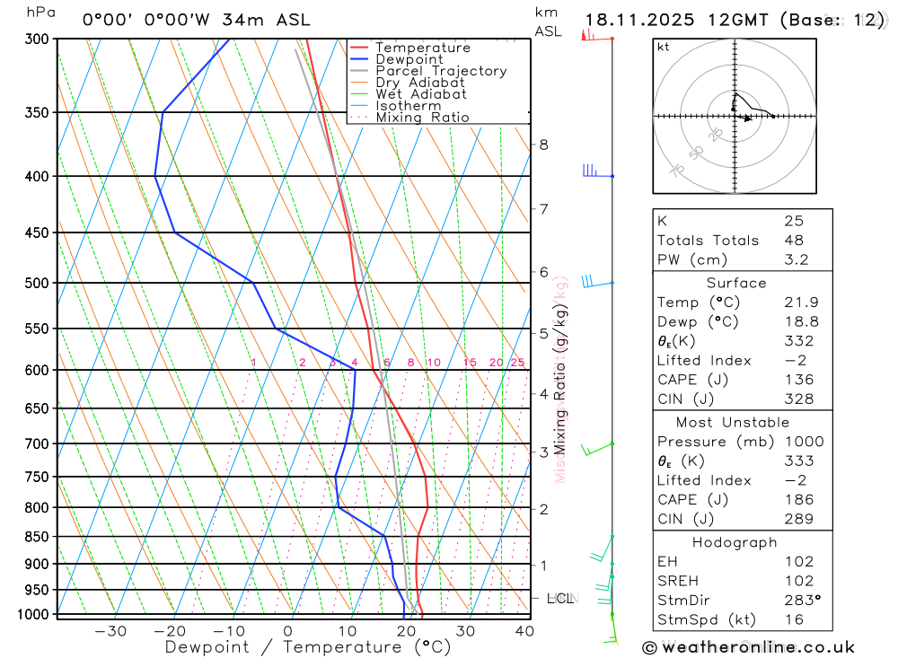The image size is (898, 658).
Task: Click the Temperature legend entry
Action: (x=422, y=48)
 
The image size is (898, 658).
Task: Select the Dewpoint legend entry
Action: (x=409, y=59)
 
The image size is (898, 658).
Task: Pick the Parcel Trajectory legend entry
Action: (x=440, y=71)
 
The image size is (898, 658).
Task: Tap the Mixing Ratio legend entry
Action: (x=422, y=118)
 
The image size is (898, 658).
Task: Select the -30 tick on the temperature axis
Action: (x=110, y=631)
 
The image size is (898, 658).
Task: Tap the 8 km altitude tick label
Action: (x=543, y=145)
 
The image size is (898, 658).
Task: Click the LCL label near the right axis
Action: (x=559, y=598)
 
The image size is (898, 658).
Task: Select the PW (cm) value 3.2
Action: (x=796, y=259)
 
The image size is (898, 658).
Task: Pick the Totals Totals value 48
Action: (x=793, y=240)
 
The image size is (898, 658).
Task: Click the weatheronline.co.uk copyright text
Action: (x=748, y=647)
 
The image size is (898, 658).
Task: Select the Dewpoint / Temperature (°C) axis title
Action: (x=308, y=646)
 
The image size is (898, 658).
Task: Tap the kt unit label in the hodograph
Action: (x=664, y=48)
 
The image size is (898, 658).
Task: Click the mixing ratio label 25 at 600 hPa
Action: (x=517, y=363)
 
